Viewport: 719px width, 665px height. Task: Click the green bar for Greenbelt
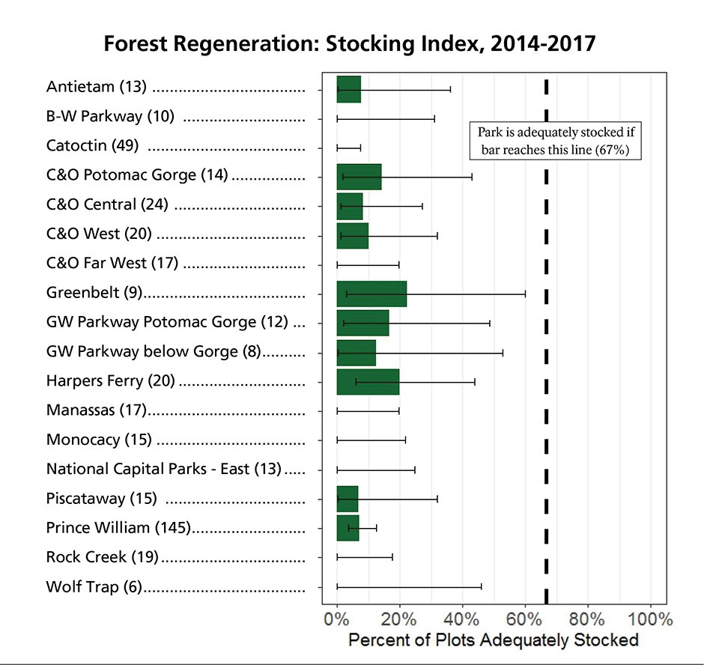tap(371, 294)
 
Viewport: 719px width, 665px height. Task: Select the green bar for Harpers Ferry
tap(368, 382)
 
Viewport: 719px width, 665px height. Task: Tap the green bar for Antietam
tap(349, 89)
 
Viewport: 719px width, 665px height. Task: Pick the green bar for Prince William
tap(348, 528)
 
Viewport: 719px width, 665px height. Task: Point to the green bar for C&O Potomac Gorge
tap(359, 177)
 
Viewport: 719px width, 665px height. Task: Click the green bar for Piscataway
tap(348, 499)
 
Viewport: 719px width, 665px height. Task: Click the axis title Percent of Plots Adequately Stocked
tap(494, 640)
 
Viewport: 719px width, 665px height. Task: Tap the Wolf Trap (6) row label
tap(94, 586)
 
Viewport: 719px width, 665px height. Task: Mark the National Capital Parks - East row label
tap(163, 469)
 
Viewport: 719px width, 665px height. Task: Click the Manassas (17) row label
tap(95, 410)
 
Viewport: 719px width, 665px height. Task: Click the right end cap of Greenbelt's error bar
tap(525, 294)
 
